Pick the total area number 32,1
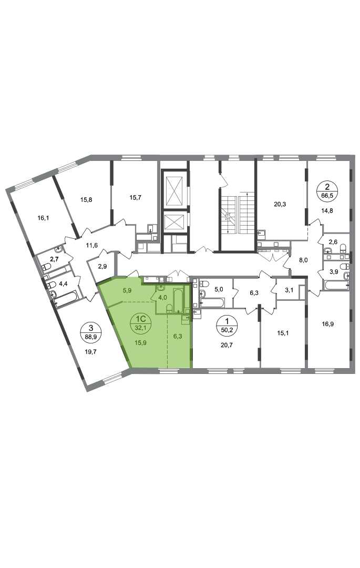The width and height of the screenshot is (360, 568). (x=140, y=326)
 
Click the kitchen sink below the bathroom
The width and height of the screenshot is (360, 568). (x=186, y=318)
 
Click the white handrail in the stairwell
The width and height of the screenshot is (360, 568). (x=238, y=214)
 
